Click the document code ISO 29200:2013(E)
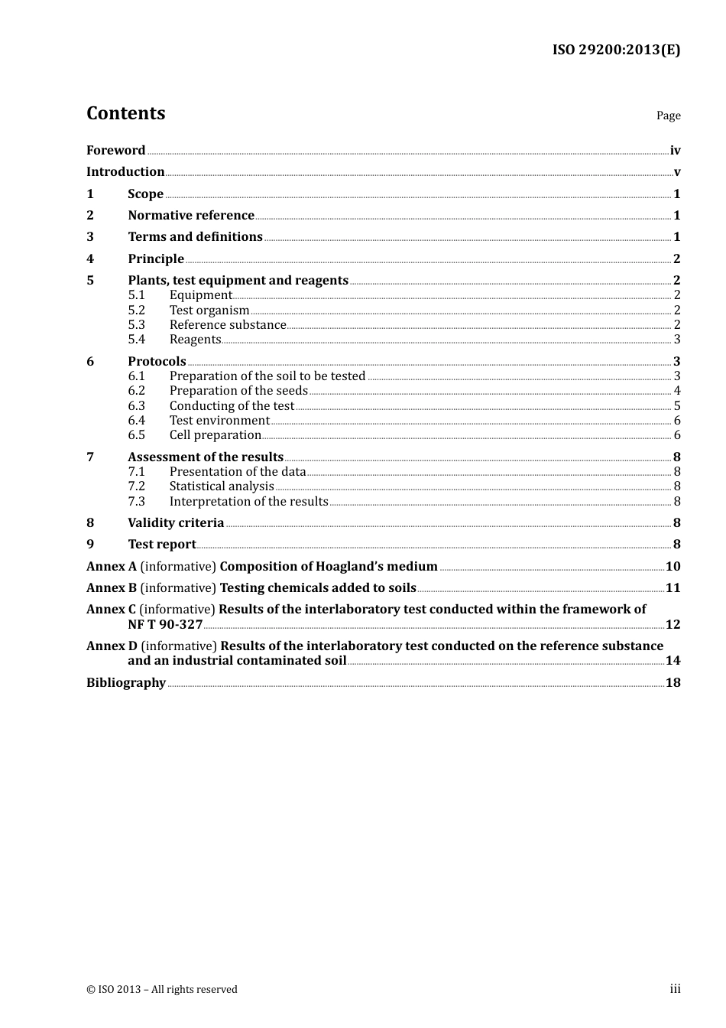pyautogui.click(x=616, y=50)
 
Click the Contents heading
pyautogui.click(x=125, y=113)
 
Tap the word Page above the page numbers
pyautogui.click(x=668, y=115)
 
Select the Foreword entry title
pyautogui.click(x=115, y=151)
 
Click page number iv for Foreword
pyautogui.click(x=675, y=151)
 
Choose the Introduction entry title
pyautogui.click(x=125, y=172)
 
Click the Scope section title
pyautogui.click(x=145, y=194)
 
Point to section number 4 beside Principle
pyautogui.click(x=90, y=259)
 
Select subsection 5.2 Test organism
pyautogui.click(x=209, y=311)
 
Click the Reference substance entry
pyautogui.click(x=228, y=325)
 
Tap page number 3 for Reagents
pyautogui.click(x=677, y=340)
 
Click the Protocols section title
pyautogui.click(x=157, y=362)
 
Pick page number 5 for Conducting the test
pyautogui.click(x=677, y=406)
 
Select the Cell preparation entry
pyautogui.click(x=216, y=435)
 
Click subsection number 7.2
pyautogui.click(x=136, y=486)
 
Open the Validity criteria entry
pyautogui.click(x=176, y=523)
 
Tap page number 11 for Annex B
pyautogui.click(x=673, y=588)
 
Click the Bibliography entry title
pyautogui.click(x=126, y=683)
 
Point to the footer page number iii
pyautogui.click(x=675, y=989)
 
